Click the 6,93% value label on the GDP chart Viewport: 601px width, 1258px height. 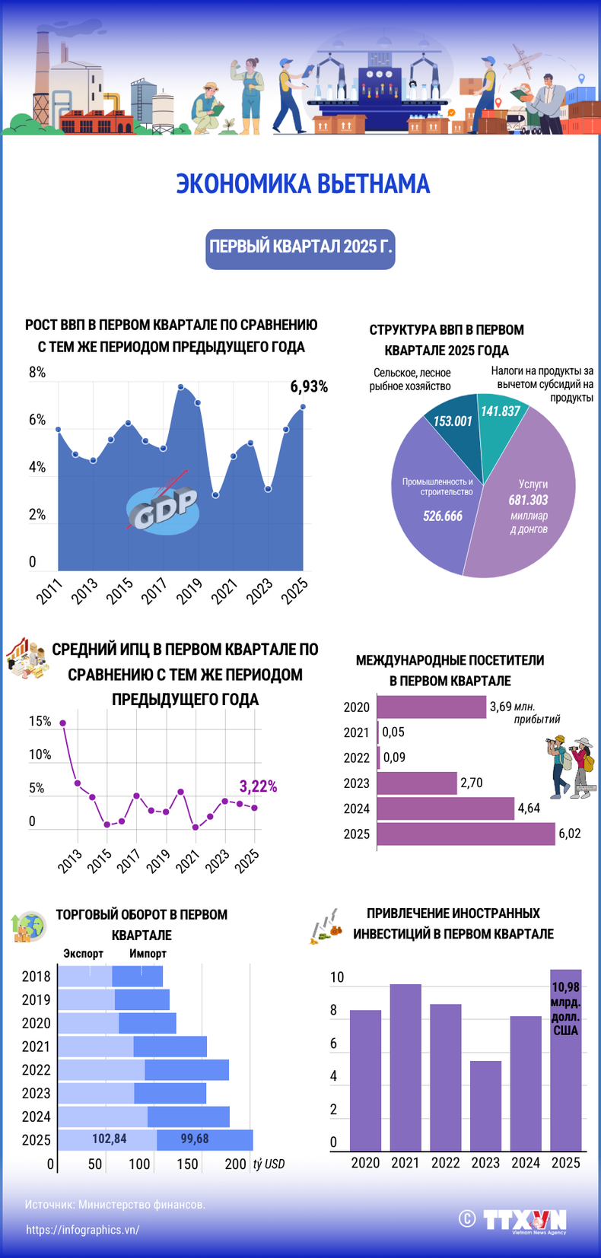pos(309,386)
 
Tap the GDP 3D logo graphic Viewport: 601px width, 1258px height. pos(162,507)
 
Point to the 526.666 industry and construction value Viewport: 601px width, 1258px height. pos(442,516)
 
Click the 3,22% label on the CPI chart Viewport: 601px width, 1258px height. pos(258,786)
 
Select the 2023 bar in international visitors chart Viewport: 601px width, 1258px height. pos(417,783)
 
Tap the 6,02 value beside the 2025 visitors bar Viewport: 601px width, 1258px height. pos(569,834)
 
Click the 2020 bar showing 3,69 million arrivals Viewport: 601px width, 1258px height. pos(431,707)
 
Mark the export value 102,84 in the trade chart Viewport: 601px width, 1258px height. pos(109,1139)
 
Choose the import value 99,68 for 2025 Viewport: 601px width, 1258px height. pos(195,1139)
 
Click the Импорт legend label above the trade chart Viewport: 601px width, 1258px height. pos(148,953)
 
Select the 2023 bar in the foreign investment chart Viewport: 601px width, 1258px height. pos(485,1106)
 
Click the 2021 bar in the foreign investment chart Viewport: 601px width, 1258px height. pos(405,1067)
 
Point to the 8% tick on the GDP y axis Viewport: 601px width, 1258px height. pos(37,373)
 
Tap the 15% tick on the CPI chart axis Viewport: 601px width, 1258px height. pos(40,721)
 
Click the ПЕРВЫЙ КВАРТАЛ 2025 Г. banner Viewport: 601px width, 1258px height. pos(300,248)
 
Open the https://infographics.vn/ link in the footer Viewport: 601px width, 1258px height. pos(83,1229)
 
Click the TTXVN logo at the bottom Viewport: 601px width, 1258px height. pos(525,1219)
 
